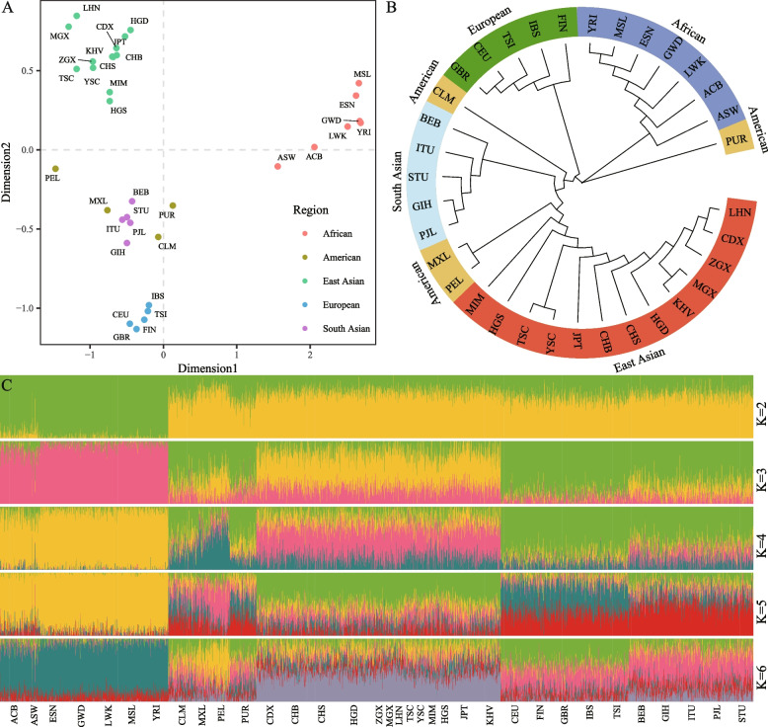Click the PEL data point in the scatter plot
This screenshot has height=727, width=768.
tap(55, 169)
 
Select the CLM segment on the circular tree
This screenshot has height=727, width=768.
tap(439, 108)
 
